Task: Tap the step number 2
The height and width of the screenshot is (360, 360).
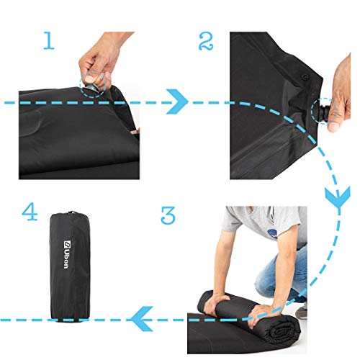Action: click(207, 41)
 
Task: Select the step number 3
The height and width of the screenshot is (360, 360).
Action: click(167, 215)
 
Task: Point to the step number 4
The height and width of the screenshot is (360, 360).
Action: click(30, 213)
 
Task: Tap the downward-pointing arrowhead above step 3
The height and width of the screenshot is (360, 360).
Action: click(337, 197)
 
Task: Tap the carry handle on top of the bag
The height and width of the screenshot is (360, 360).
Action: click(71, 212)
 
